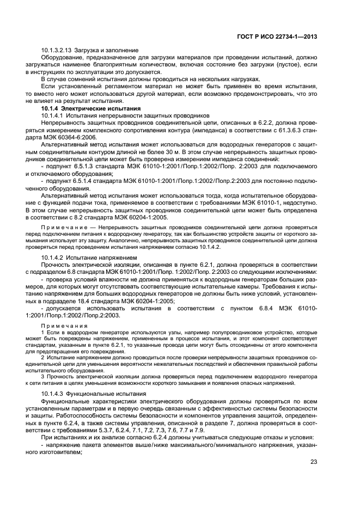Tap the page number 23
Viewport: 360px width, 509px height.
313,462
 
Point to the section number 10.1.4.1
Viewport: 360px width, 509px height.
53,116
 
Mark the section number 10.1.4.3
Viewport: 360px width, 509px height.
53,394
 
